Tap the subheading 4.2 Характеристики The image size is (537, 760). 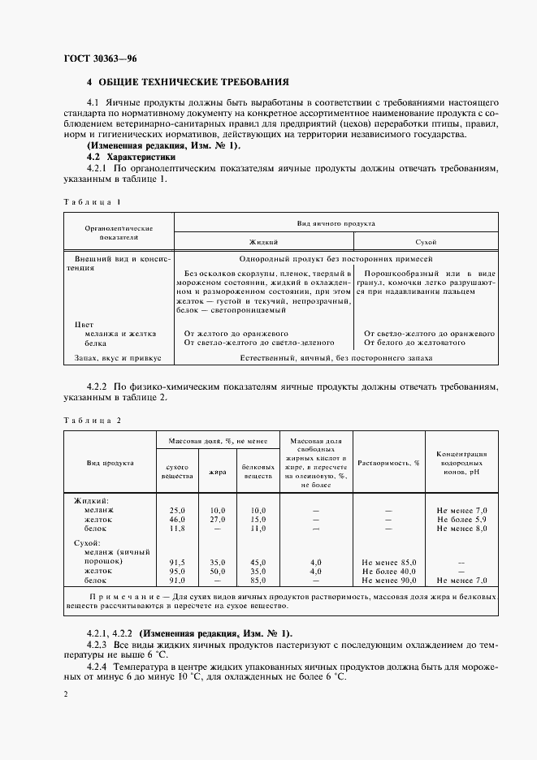(131, 157)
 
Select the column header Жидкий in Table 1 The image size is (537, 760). (263, 242)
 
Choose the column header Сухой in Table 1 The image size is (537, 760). (426, 242)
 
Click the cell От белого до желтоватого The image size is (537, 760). (414, 343)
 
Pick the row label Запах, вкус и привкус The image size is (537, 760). (119, 357)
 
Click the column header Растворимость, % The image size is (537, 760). (388, 462)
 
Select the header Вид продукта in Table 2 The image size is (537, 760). (110, 462)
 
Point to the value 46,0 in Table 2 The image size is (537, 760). (177, 519)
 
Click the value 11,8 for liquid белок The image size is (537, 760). (177, 529)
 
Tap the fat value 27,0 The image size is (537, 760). (217, 519)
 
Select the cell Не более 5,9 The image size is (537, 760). (461, 519)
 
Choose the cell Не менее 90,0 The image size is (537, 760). (388, 581)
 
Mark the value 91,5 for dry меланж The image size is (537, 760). (177, 561)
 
